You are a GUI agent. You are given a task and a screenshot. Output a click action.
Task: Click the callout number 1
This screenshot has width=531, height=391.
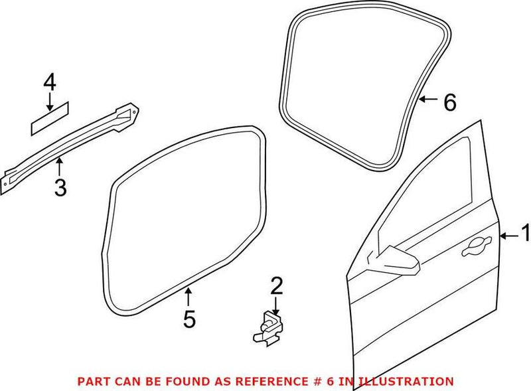tap(524, 234)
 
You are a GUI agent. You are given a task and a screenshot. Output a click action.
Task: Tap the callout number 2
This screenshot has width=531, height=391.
tap(276, 287)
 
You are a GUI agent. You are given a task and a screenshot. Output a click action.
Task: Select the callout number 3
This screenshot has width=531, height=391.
tap(60, 189)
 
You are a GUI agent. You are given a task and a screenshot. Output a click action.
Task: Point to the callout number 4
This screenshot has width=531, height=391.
tap(49, 83)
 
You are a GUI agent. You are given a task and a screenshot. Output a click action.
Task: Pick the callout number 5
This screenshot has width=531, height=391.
tap(189, 319)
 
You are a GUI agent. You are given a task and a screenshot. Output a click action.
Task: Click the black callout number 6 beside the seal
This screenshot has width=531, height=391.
tap(449, 102)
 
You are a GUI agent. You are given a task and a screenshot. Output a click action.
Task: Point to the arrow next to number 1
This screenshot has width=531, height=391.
tap(507, 236)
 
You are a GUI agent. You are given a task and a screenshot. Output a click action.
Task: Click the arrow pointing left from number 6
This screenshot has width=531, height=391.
tap(428, 101)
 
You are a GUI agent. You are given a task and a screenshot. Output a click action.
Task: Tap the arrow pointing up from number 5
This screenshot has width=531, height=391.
tap(189, 296)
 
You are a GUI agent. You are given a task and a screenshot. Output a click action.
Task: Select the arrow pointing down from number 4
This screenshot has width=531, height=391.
tap(49, 101)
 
